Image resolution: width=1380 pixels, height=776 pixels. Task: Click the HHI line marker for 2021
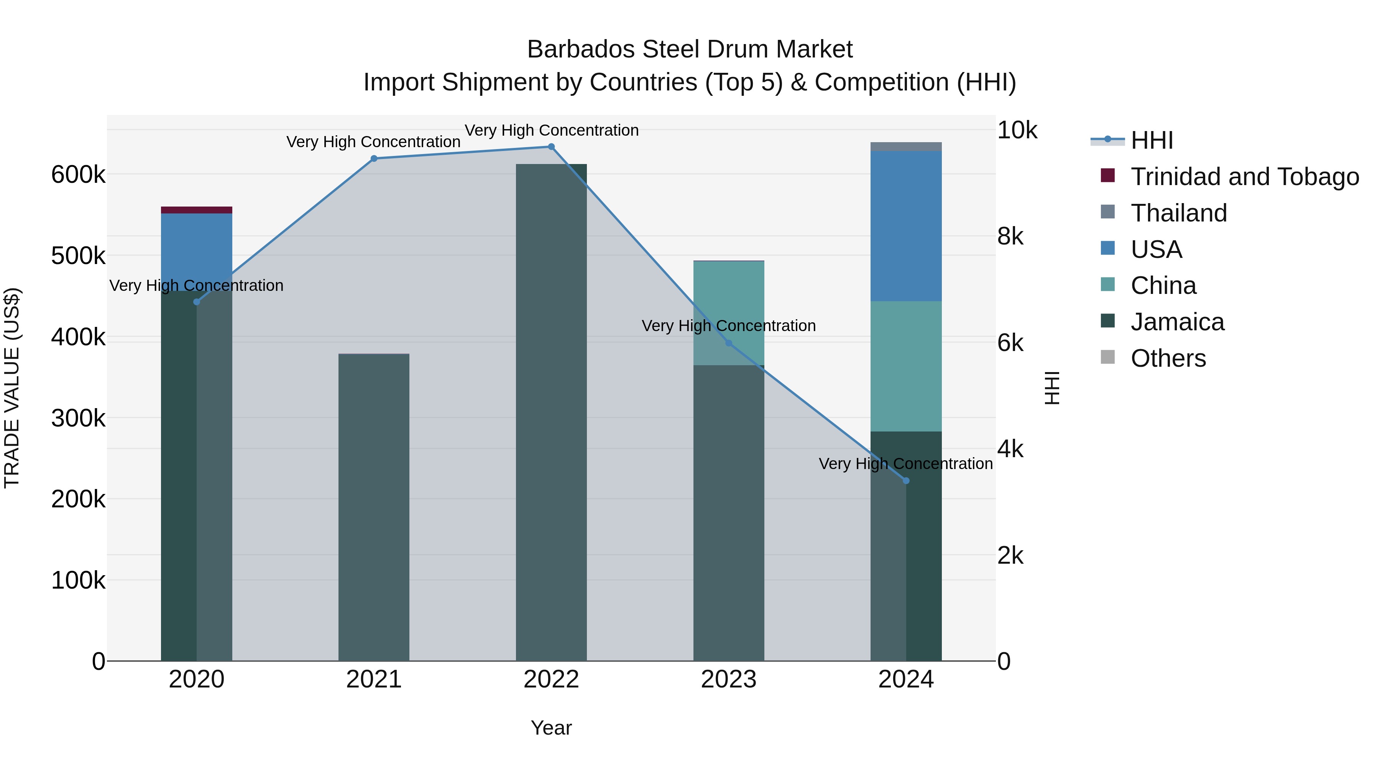374,159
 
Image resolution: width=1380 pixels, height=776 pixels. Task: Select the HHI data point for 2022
551,147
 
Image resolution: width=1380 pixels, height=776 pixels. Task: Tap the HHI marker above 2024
906,481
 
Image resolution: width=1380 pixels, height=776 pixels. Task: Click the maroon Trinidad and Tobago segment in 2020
197,210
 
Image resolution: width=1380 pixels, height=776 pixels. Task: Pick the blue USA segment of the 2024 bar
906,225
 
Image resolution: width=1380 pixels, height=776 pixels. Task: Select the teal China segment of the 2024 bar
906,366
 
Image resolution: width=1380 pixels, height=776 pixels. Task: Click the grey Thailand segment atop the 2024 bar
906,147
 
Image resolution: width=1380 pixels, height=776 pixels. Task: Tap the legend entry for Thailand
1179,213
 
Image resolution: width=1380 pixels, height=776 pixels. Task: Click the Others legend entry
1168,358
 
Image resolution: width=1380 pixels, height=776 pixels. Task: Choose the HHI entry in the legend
1152,140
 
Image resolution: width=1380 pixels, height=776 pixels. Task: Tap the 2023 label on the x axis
729,679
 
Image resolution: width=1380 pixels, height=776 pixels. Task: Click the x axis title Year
551,728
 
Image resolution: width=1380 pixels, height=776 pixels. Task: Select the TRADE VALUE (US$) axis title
12,388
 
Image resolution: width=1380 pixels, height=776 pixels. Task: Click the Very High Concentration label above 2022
551,130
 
